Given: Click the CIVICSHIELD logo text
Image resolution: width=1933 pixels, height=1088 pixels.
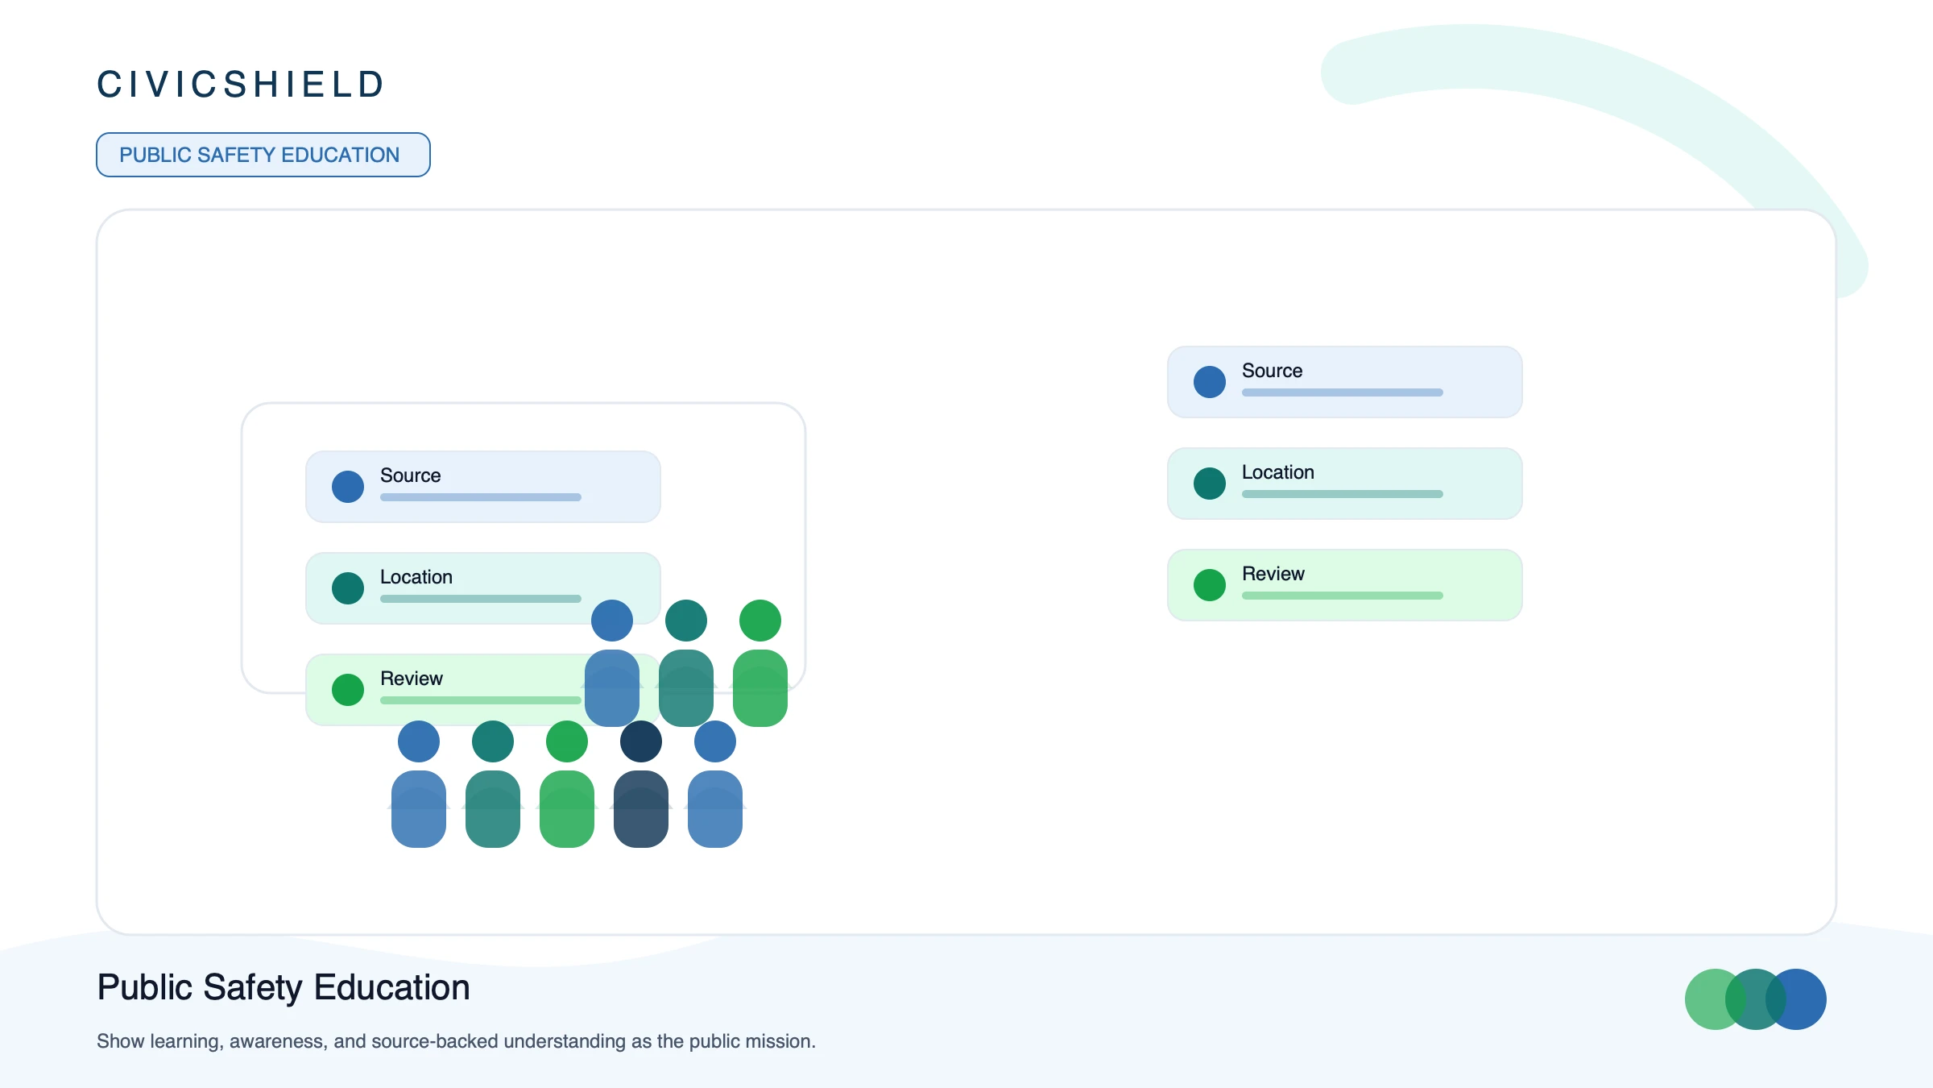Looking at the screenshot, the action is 240,85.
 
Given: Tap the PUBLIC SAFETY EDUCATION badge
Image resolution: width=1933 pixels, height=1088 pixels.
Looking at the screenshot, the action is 263,155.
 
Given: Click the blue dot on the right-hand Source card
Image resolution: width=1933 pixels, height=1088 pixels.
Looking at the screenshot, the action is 1210,382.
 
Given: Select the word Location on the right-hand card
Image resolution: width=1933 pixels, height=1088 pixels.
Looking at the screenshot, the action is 1278,472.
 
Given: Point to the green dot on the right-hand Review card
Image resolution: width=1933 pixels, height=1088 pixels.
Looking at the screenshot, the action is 1210,585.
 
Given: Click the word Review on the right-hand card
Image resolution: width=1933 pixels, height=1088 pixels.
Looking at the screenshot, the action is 1273,574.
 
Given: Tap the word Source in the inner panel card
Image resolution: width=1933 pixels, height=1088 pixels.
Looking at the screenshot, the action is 411,475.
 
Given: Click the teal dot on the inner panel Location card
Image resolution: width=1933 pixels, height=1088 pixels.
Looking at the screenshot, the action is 348,588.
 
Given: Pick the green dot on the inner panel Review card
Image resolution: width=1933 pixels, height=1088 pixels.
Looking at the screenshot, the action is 348,690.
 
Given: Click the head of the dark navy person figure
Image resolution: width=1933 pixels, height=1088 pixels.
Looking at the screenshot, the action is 641,741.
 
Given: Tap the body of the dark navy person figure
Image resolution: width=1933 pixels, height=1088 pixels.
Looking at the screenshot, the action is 641,809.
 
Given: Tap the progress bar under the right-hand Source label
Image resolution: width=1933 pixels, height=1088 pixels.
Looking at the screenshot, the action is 1343,392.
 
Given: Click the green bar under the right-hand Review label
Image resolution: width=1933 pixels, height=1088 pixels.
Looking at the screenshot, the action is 1343,596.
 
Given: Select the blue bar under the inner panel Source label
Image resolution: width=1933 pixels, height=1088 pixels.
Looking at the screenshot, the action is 481,497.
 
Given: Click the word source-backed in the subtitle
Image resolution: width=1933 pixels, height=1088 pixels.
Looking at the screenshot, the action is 435,1041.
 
